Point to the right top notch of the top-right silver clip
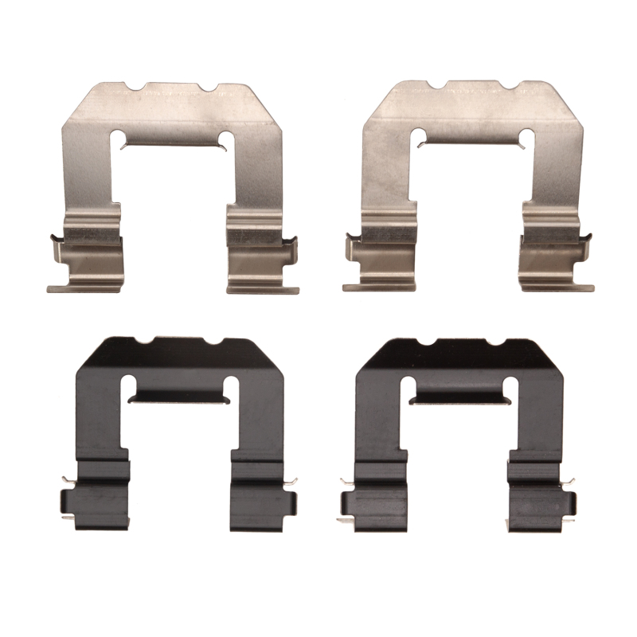coord(510,84)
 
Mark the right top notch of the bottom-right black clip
coord(492,342)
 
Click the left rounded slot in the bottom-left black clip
coord(131,387)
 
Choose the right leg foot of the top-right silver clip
coord(557,282)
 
